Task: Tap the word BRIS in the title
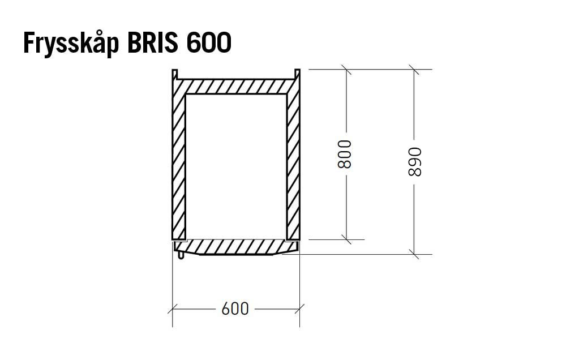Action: click(153, 42)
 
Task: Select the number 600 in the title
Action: click(209, 42)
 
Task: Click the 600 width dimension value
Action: click(235, 308)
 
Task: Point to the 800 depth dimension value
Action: click(344, 154)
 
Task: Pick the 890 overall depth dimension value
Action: click(415, 162)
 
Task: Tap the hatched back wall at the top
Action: click(236, 87)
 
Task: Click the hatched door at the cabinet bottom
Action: click(236, 247)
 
